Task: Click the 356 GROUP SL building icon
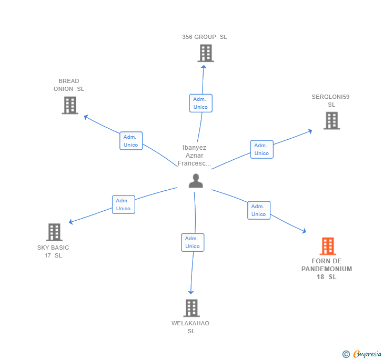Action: [x=206, y=53]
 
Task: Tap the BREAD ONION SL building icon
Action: [x=69, y=105]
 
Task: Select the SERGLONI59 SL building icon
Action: [x=331, y=120]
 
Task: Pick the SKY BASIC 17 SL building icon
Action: [x=54, y=232]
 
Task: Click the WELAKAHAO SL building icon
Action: [x=191, y=308]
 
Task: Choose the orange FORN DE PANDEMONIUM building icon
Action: [x=328, y=246]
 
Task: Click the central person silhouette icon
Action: [x=196, y=181]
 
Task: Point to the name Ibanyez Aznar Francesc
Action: [x=194, y=156]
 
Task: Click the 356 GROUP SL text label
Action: [x=205, y=37]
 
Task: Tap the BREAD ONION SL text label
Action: [x=69, y=85]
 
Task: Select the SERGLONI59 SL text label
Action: [x=330, y=100]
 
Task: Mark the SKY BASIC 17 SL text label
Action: [x=53, y=251]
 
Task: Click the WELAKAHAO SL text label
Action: [x=190, y=327]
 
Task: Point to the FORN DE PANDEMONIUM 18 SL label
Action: [x=327, y=269]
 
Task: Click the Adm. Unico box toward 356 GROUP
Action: [x=200, y=103]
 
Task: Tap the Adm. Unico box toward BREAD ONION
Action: [x=131, y=141]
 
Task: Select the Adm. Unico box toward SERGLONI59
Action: [x=261, y=149]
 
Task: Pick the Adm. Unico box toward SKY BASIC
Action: [x=124, y=204]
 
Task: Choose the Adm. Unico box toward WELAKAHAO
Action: [x=193, y=242]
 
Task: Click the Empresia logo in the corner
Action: [x=362, y=354]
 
